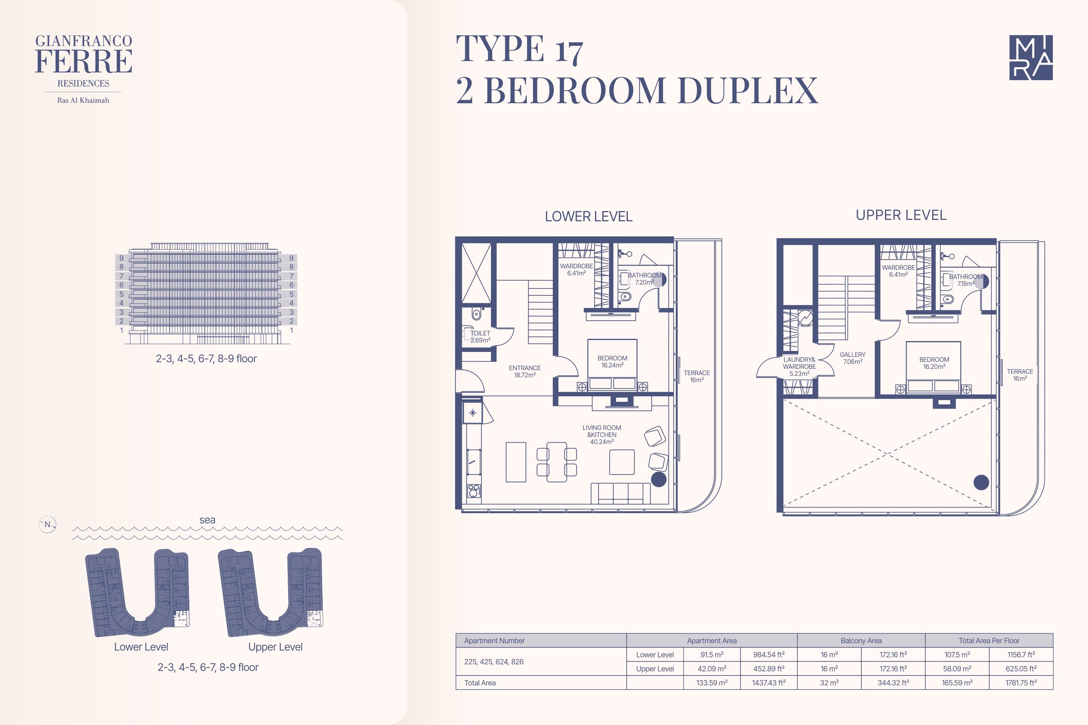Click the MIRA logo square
(x=1031, y=57)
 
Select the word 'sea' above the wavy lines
(x=207, y=520)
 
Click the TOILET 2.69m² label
(x=480, y=337)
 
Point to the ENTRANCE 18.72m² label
(x=525, y=371)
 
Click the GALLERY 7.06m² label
(x=853, y=358)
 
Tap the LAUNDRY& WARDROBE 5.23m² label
(x=799, y=366)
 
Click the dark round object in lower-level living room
(x=659, y=479)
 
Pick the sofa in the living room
(x=620, y=494)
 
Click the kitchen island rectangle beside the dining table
(x=516, y=462)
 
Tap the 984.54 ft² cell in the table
(x=769, y=654)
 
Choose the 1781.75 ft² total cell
(x=1021, y=682)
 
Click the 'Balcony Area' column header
(x=861, y=640)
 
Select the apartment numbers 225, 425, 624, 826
(x=494, y=662)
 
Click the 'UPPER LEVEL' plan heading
(x=901, y=215)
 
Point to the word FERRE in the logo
(x=84, y=61)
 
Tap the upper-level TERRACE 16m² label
(x=1020, y=374)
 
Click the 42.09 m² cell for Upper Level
(x=712, y=668)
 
